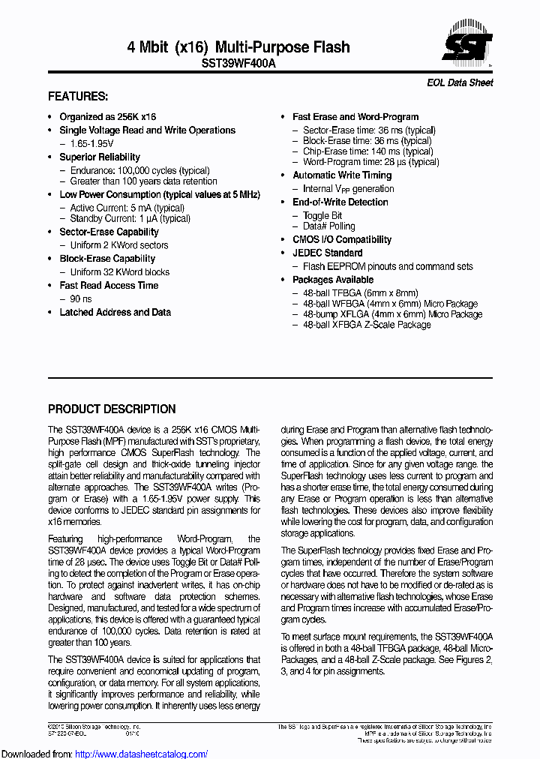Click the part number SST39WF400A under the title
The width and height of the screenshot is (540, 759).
tap(238, 64)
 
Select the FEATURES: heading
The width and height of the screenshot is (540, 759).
tap(78, 97)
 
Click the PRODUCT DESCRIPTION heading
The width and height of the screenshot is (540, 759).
tap(112, 409)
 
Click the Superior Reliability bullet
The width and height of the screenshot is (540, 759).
tap(100, 157)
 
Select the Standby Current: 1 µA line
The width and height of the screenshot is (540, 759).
tap(130, 218)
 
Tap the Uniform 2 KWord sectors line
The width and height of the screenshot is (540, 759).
tap(118, 245)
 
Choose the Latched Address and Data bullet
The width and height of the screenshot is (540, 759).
tap(115, 312)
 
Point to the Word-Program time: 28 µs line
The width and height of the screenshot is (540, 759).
tap(370, 161)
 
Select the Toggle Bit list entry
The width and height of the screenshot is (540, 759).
tap(322, 215)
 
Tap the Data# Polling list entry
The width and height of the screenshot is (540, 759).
tap(328, 226)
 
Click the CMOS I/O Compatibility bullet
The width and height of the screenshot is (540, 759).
tap(341, 239)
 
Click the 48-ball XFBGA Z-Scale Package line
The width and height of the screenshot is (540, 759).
tap(367, 325)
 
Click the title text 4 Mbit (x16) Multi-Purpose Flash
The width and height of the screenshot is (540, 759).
tap(238, 47)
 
